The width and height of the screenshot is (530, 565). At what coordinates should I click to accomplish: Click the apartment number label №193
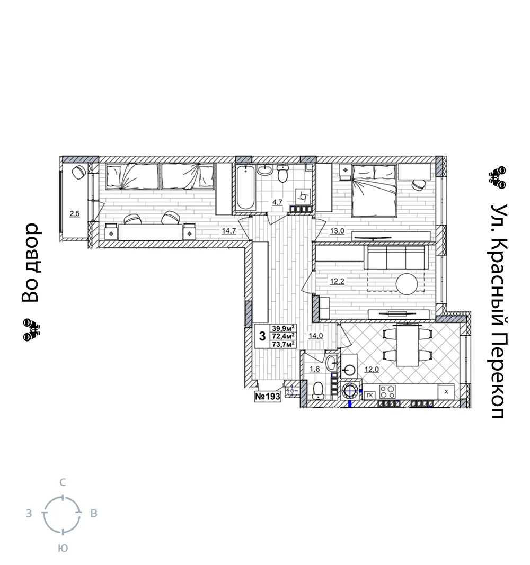coord(268,397)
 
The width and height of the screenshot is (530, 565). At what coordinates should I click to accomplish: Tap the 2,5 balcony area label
coord(75,214)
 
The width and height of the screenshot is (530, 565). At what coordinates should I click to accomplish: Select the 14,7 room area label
coord(229,231)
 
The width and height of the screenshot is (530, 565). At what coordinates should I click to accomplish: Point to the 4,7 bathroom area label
coord(277,202)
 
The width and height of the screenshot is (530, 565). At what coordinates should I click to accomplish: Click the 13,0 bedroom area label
coord(337,231)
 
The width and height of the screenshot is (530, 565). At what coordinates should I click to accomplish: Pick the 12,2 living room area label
coord(337,281)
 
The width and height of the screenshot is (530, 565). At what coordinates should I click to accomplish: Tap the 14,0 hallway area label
coord(316,336)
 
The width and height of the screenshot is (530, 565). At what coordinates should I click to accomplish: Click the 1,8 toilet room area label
coord(315,369)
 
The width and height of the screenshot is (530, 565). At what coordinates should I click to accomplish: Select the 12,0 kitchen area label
coord(372,369)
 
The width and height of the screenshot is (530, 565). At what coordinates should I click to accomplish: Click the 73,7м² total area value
coord(284,344)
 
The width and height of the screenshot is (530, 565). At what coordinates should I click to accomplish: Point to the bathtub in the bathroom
coord(245,187)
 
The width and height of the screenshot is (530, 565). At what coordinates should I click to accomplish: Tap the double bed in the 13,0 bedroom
coord(374,190)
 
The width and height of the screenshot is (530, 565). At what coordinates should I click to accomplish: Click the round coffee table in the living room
coord(407,284)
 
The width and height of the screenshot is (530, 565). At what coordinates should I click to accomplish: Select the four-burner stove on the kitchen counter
coord(387,392)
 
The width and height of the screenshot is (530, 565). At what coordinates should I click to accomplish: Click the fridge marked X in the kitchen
coord(446,392)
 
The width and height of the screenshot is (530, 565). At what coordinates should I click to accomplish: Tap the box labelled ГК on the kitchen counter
coord(369,395)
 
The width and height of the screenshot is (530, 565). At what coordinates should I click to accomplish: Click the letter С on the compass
coord(63,482)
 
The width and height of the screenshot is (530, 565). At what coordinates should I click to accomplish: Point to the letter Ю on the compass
coord(63,548)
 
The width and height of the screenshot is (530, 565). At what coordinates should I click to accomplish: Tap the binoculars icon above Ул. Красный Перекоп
coord(498,177)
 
